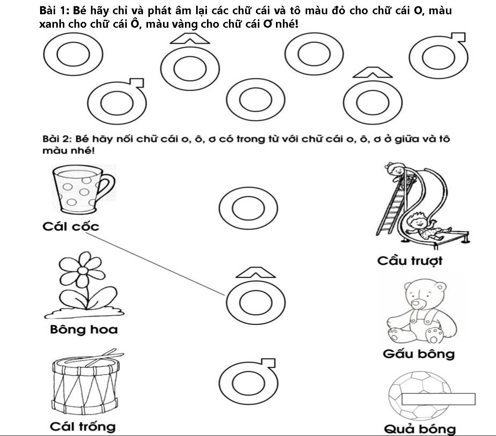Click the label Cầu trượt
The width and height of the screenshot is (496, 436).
(x=410, y=261)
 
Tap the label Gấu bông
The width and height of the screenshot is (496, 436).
(x=419, y=354)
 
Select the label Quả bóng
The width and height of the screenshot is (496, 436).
(x=420, y=429)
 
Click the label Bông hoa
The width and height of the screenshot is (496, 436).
(x=84, y=329)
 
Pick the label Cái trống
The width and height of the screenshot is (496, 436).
(x=82, y=426)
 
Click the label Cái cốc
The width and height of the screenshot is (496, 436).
(x=71, y=226)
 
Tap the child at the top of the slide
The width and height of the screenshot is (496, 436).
(x=395, y=171)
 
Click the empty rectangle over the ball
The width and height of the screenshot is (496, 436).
(x=438, y=399)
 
